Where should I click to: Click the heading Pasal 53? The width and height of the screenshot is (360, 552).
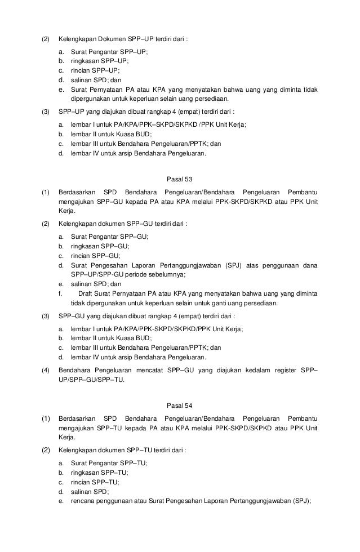[x=180, y=180]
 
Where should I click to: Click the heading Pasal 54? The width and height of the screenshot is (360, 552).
[x=180, y=406]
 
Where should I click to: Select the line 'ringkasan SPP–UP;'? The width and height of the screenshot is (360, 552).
[x=99, y=61]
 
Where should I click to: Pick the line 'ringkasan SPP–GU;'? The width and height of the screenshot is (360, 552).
[x=100, y=246]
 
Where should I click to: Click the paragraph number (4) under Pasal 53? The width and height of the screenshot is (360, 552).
[x=45, y=370]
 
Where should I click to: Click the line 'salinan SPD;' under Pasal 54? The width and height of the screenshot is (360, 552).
[x=90, y=492]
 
